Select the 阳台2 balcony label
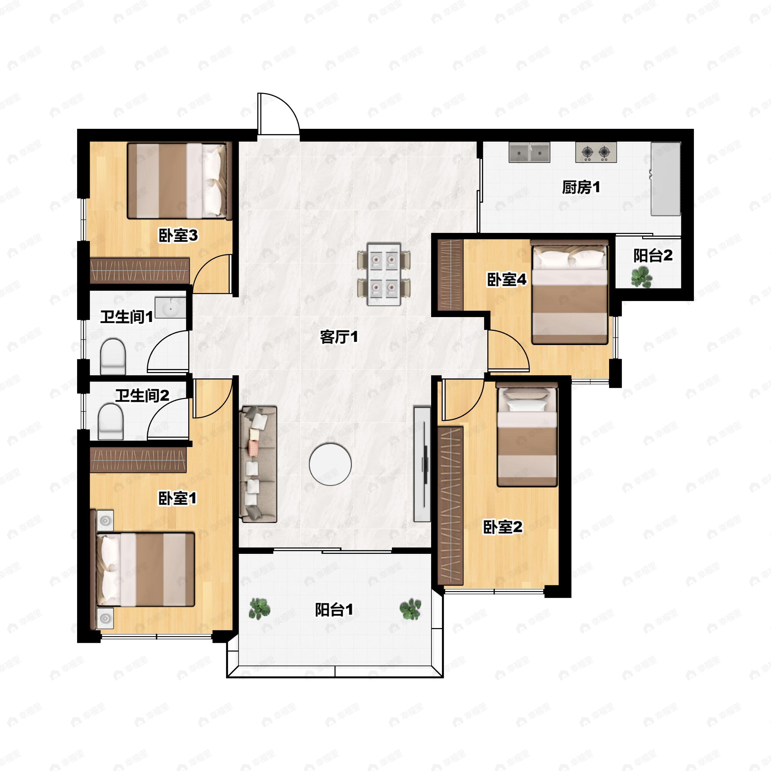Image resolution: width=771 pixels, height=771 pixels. click(x=653, y=256)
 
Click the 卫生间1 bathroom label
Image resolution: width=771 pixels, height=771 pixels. click(x=127, y=317)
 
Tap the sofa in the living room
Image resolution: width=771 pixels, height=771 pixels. click(x=258, y=464)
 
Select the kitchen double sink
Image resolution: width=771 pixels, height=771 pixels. click(x=529, y=152)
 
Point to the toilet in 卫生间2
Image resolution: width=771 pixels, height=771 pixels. click(x=111, y=422)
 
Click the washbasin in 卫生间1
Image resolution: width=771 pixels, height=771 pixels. click(x=170, y=307)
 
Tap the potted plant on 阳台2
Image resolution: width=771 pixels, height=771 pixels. click(x=642, y=277)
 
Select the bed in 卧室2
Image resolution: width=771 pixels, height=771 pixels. click(x=527, y=435)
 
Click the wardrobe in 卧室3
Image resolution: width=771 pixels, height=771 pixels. click(x=140, y=270)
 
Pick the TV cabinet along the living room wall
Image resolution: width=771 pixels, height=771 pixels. click(x=422, y=464)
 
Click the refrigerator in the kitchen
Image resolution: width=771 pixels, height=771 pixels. click(x=666, y=179)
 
